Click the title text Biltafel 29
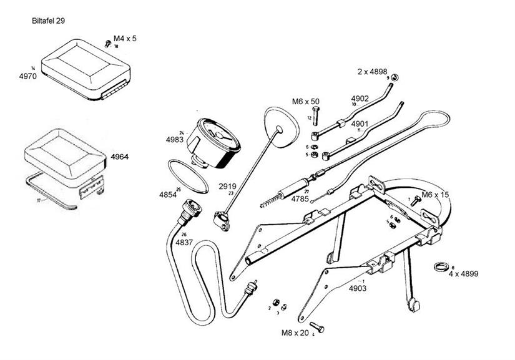49,21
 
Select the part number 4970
29,77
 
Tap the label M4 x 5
125,39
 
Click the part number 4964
119,157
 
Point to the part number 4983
175,140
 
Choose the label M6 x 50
305,100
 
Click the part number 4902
360,99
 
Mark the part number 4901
360,124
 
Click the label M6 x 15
435,195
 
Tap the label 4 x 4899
463,273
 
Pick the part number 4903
357,288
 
